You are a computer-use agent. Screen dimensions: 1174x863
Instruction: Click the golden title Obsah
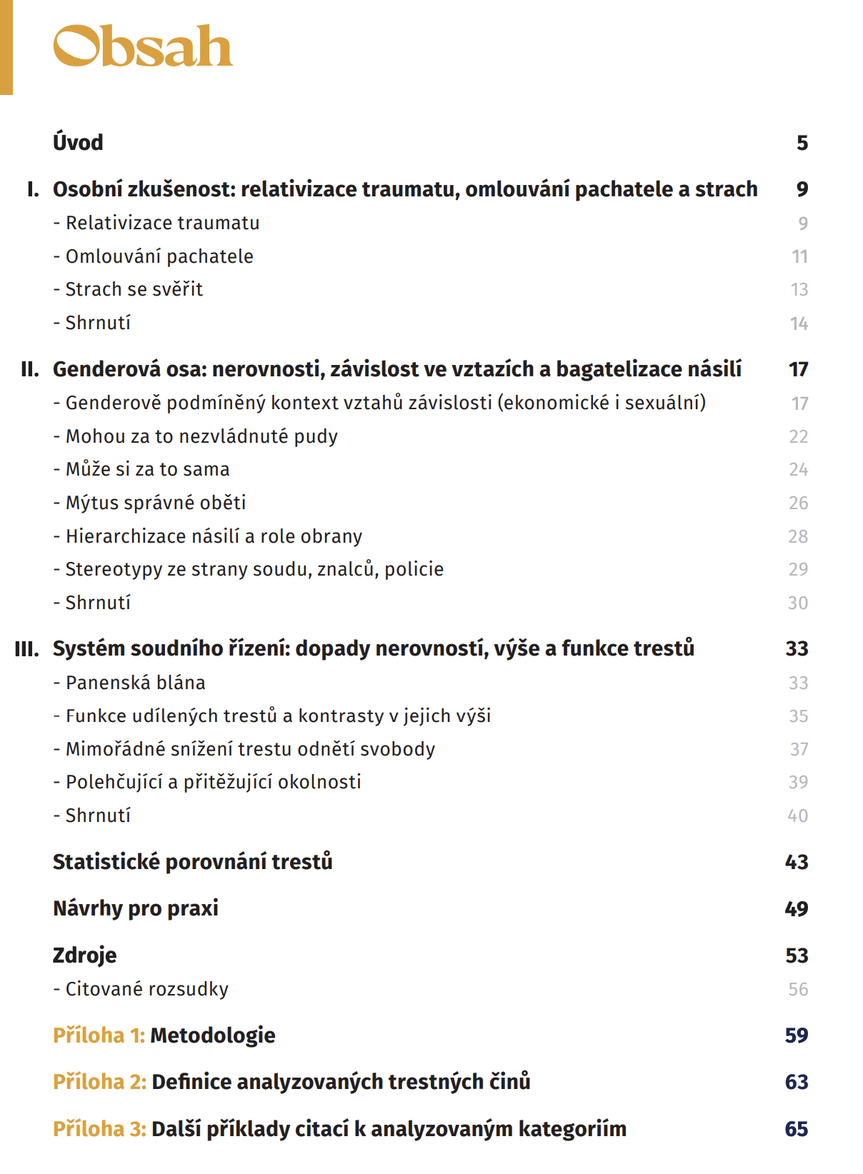coord(143,47)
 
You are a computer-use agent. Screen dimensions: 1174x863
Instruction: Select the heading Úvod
coord(78,143)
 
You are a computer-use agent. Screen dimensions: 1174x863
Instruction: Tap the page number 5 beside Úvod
coord(802,143)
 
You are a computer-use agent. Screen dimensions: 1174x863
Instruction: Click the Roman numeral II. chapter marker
coord(30,369)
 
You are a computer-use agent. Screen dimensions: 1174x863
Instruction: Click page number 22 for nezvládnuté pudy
coord(798,436)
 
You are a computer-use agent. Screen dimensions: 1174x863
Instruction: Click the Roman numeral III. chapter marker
coord(27,649)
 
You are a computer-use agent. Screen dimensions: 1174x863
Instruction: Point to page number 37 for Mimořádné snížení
coord(799,749)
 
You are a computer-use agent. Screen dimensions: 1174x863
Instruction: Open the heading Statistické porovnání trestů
coord(192,862)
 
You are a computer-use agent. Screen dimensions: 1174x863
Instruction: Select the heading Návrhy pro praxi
coord(136,908)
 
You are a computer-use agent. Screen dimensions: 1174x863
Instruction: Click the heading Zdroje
coord(84,955)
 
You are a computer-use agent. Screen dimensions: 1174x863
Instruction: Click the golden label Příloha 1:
coord(99,1035)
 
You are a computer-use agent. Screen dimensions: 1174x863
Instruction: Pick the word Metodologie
coord(212,1035)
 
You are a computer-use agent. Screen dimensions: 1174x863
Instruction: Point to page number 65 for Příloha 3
coord(796,1129)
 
